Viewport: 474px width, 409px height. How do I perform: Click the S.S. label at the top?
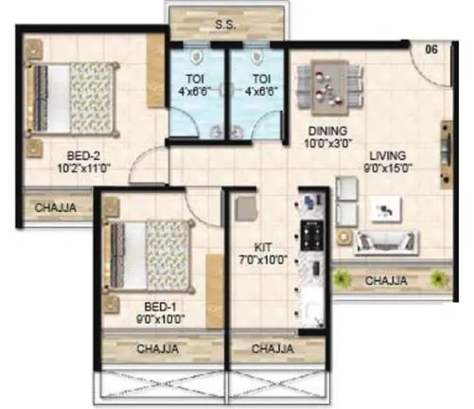click(x=224, y=25)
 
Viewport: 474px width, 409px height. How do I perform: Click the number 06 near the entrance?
click(x=430, y=48)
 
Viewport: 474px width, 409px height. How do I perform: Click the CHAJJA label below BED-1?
click(x=161, y=349)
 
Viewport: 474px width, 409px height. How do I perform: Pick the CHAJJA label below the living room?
click(x=388, y=280)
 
